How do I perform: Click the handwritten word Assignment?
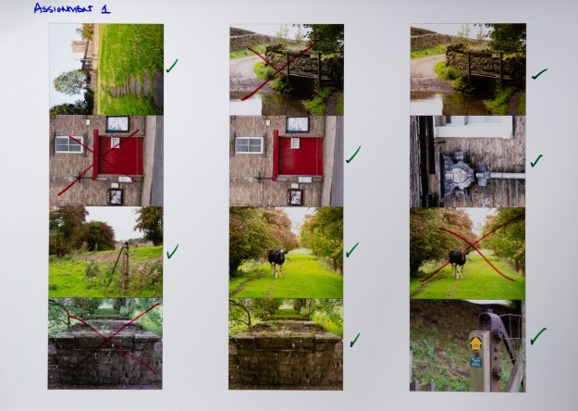pos(63,8)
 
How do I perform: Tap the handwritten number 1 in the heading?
pos(105,9)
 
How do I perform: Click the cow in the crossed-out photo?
pos(458,263)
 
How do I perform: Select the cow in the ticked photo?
pos(277,262)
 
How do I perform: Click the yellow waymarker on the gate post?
pos(476,343)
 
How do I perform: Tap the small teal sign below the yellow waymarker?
pos(476,362)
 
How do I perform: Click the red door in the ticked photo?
pos(301,156)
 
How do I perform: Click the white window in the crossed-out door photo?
pos(69,144)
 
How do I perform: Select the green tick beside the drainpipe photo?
pos(536,161)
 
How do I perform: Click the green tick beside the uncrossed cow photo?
pos(352,250)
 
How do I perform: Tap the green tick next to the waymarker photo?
pos(538,336)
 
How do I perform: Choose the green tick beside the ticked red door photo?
pos(353,155)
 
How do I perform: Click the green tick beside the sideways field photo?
pos(172,66)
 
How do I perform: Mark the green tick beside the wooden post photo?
pos(172,251)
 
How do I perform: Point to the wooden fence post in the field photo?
pos(126,266)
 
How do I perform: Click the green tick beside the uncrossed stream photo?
pos(539,73)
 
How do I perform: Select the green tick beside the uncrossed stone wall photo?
pos(354,340)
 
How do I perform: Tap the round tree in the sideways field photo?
pos(70,81)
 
